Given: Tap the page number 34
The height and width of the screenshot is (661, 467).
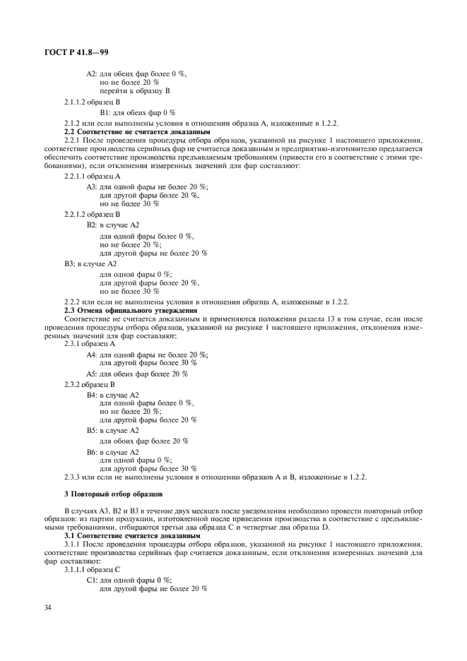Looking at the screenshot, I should [x=48, y=604].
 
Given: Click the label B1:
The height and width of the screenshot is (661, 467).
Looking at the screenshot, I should [x=105, y=112].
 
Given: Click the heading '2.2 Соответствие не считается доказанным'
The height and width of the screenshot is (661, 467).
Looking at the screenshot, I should [x=127, y=131].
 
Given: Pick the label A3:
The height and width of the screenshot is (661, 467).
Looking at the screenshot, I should [x=92, y=186].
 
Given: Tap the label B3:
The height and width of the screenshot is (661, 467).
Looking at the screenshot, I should [x=71, y=263].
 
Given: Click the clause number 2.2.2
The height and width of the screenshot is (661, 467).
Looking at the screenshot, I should [x=75, y=302].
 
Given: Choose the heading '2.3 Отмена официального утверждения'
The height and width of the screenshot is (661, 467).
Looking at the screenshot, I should [x=130, y=310].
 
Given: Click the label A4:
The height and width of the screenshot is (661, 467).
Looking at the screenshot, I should [x=92, y=355].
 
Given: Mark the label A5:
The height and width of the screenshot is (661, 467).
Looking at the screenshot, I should [x=92, y=374].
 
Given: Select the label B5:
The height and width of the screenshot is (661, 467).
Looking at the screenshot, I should [x=92, y=430].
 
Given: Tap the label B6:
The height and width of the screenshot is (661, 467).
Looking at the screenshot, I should [x=92, y=452].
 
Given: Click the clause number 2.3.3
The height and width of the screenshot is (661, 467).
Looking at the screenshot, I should [x=75, y=477].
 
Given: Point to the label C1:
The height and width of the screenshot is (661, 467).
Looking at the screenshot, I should [x=92, y=578].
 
